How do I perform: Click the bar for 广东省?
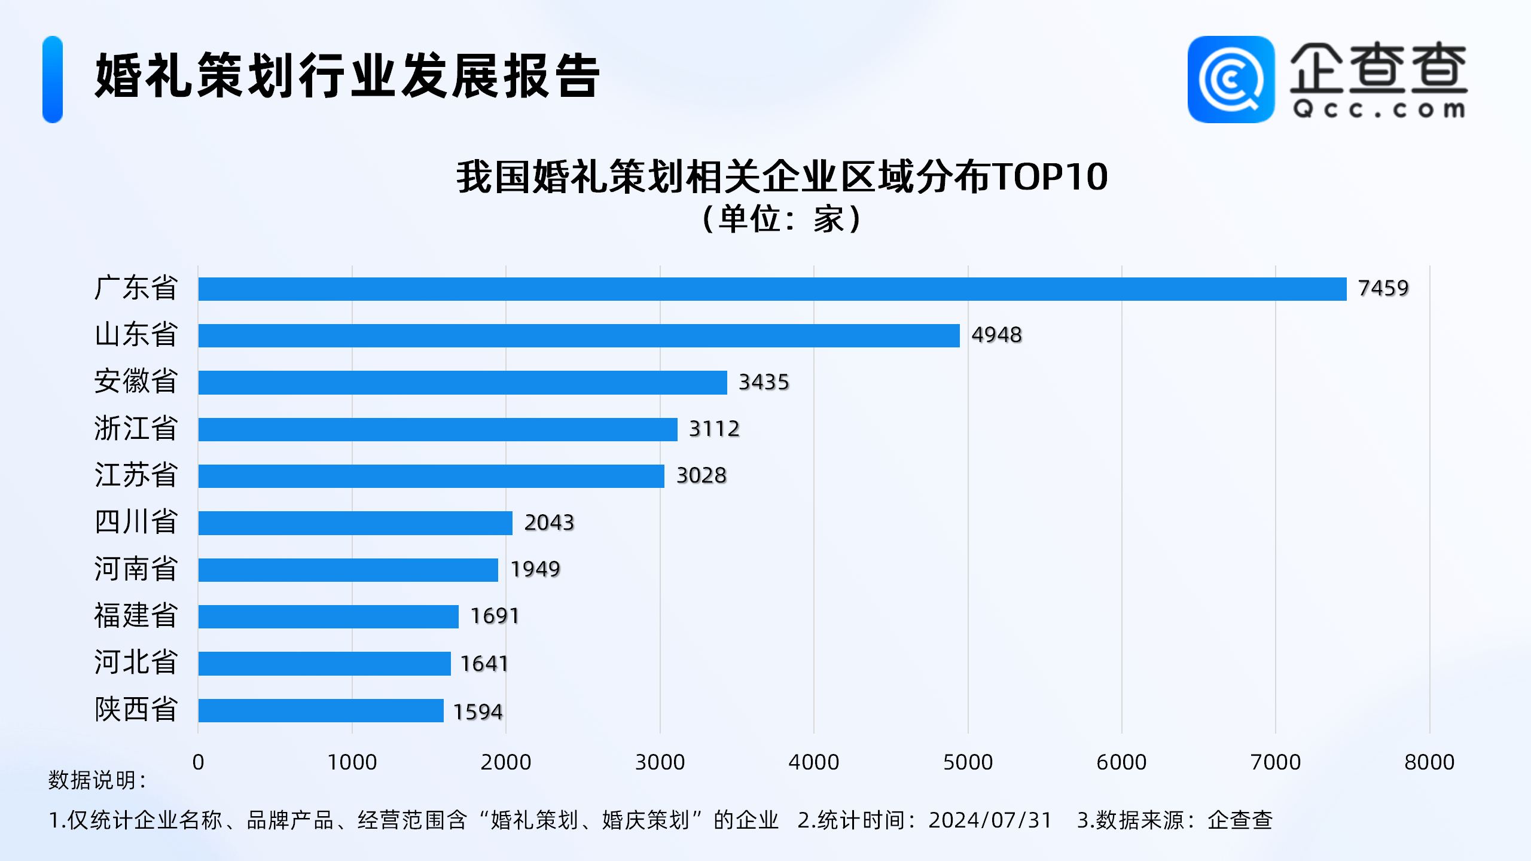[x=771, y=289]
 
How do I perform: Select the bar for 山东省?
[x=579, y=335]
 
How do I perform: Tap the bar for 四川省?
[x=355, y=523]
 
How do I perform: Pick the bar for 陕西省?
[x=321, y=710]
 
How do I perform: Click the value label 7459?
[x=1383, y=288]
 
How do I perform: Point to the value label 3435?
[x=764, y=382]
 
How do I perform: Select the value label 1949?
[x=535, y=569]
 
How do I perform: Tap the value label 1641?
[x=484, y=664]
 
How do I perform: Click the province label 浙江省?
[x=136, y=429]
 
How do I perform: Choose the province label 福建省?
[x=136, y=616]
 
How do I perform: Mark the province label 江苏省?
[x=136, y=475]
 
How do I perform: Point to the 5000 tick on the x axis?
[x=968, y=762]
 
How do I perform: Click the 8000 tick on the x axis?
[x=1429, y=762]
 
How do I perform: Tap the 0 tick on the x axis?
[x=199, y=762]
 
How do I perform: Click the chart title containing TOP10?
[x=782, y=177]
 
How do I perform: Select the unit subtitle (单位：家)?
[x=782, y=219]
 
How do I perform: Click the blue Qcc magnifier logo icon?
[x=1231, y=80]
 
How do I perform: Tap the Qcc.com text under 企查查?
[x=1378, y=110]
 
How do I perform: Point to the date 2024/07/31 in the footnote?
[x=990, y=820]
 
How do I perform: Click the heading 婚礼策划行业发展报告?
[x=347, y=76]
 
